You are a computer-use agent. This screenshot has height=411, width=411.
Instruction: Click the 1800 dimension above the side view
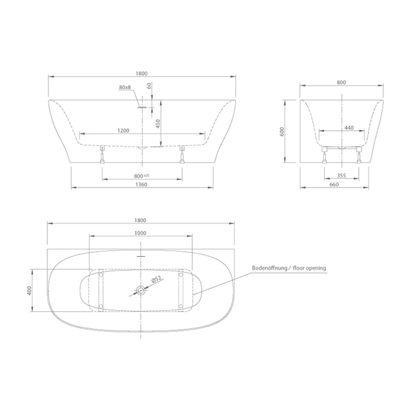pos(141,74)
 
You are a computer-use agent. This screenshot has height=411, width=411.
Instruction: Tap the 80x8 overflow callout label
pos(125,87)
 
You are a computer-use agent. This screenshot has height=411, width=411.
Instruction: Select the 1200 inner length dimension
pos(123,131)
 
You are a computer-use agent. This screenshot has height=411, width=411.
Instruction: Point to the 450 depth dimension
pos(157,124)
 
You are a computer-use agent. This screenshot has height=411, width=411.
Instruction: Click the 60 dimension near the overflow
pos(149,86)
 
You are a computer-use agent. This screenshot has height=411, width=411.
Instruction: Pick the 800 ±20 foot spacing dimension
pos(141,176)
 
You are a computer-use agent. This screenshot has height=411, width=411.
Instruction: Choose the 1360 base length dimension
pos(141,185)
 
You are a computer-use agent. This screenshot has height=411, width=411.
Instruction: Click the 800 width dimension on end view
pos(341,83)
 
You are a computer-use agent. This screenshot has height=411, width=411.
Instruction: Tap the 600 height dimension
pos(282,132)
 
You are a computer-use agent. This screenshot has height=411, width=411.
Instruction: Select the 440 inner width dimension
pos(349,128)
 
